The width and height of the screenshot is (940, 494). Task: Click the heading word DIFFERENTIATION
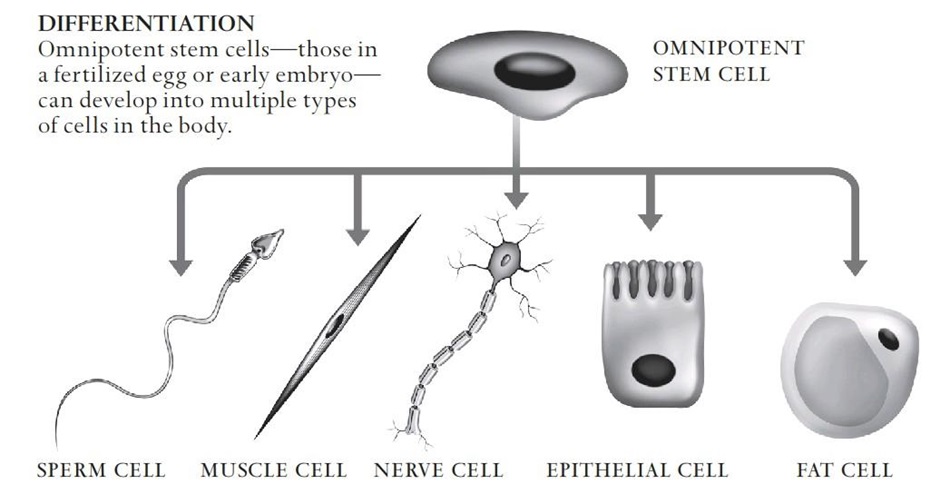pyautogui.click(x=146, y=23)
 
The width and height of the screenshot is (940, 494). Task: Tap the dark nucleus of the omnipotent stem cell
pyautogui.click(x=534, y=72)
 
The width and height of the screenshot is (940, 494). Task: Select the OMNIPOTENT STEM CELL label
pyautogui.click(x=728, y=61)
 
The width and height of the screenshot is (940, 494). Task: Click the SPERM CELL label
pyautogui.click(x=101, y=469)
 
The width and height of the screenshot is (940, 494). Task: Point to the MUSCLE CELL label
pyautogui.click(x=274, y=469)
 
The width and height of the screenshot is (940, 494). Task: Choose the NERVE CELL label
pyautogui.click(x=438, y=469)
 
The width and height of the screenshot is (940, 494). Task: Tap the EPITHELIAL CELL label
pyautogui.click(x=637, y=469)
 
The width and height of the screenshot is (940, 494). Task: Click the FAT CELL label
pyautogui.click(x=845, y=469)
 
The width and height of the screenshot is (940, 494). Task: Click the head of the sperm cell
pyautogui.click(x=267, y=242)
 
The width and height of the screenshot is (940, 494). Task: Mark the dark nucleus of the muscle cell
pyautogui.click(x=334, y=326)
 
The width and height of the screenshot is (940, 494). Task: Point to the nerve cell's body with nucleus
pyautogui.click(x=505, y=260)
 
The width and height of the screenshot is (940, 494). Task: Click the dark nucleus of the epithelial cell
pyautogui.click(x=653, y=370)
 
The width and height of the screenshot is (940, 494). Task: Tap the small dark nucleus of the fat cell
pyautogui.click(x=888, y=339)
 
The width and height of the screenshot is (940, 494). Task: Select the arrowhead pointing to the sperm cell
pyautogui.click(x=180, y=267)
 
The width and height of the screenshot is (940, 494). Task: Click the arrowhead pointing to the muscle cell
pyautogui.click(x=358, y=237)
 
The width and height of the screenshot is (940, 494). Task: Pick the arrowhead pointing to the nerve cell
pyautogui.click(x=516, y=200)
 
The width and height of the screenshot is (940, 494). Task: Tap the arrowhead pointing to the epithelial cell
pyautogui.click(x=650, y=222)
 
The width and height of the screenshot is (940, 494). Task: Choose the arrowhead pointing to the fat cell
pyautogui.click(x=855, y=267)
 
